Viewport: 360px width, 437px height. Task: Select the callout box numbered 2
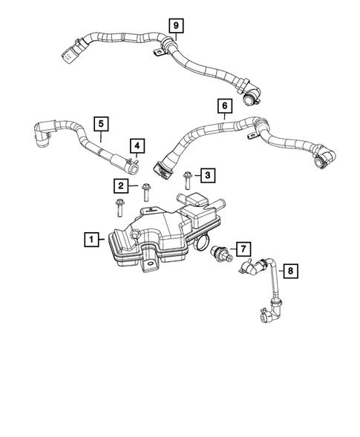tap(120, 185)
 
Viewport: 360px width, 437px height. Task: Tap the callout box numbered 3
tap(209, 175)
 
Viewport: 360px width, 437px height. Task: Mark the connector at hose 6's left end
tap(161, 169)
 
